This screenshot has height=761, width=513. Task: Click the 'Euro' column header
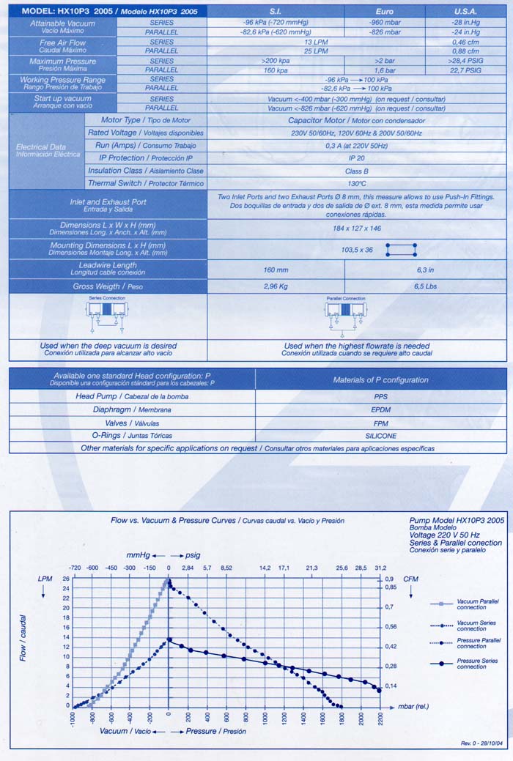(x=384, y=11)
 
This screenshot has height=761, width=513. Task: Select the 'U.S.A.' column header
(x=465, y=11)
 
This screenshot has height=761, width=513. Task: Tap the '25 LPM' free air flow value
(x=315, y=51)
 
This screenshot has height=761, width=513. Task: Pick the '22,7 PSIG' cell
(x=465, y=70)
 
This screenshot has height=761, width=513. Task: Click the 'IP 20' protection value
(x=356, y=157)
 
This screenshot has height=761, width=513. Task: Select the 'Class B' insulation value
(x=356, y=170)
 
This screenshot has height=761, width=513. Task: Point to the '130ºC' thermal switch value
(x=356, y=183)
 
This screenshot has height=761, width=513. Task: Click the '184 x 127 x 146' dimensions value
(x=356, y=229)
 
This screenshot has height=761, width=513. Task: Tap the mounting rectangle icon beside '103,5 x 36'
(x=402, y=250)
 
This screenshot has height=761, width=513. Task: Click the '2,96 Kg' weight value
(x=276, y=286)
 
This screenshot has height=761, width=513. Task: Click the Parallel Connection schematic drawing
(x=344, y=314)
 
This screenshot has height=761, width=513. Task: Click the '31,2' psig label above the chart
(x=380, y=568)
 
